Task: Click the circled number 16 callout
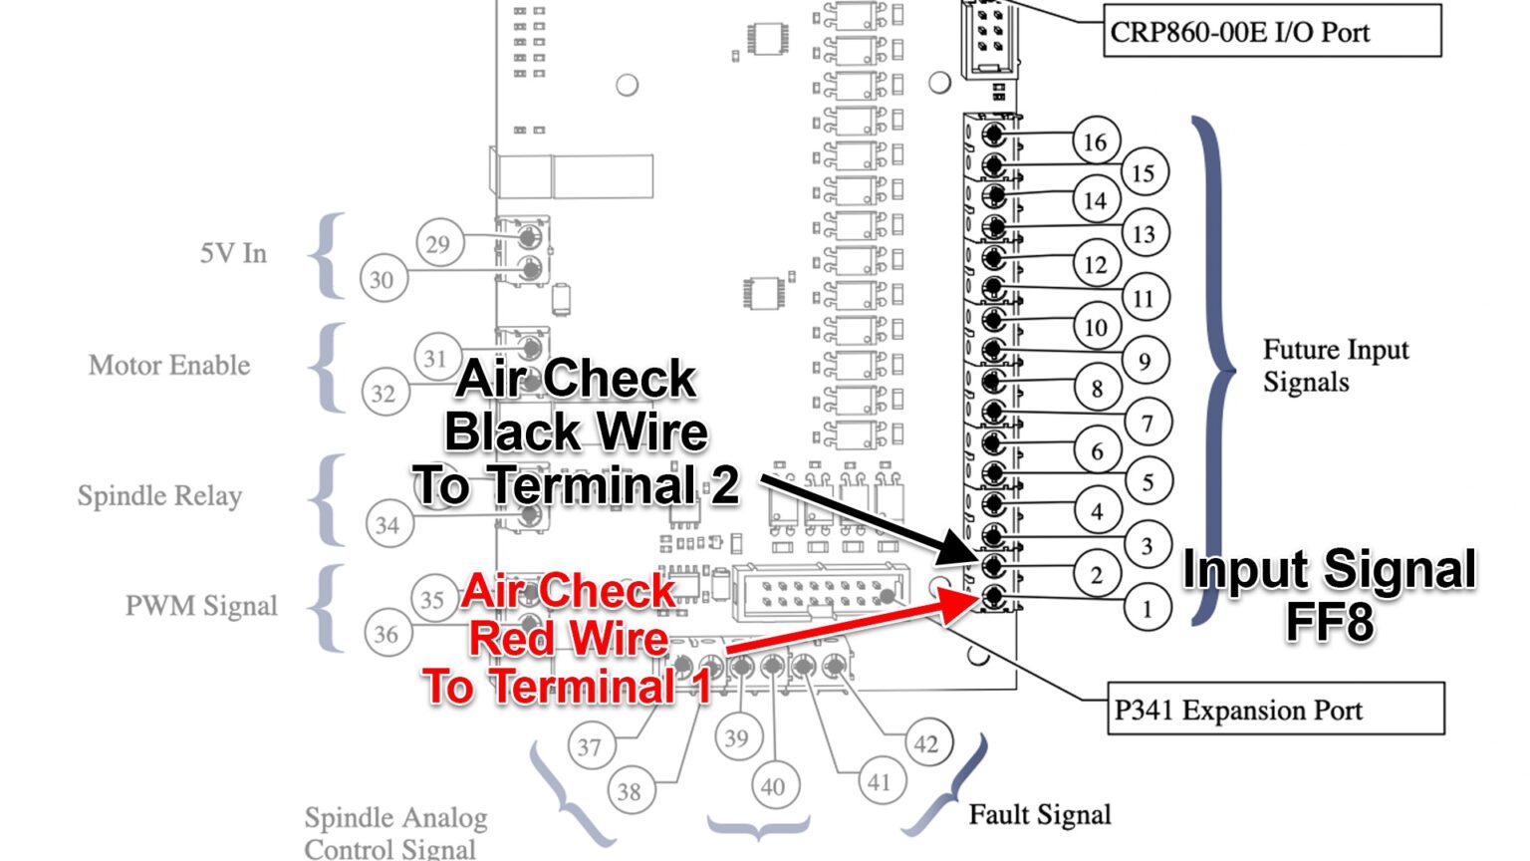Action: tap(1095, 142)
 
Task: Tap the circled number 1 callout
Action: tap(1147, 608)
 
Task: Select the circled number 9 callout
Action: tap(1145, 361)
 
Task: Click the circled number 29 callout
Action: tap(438, 244)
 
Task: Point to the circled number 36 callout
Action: tap(385, 634)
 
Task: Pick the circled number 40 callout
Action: tap(773, 786)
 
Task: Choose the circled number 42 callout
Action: tap(926, 743)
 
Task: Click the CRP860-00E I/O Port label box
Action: tap(1271, 31)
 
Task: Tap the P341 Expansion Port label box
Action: tap(1275, 710)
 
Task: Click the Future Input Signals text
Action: tap(1335, 366)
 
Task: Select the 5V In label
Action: tap(233, 253)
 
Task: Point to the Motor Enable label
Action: tap(169, 365)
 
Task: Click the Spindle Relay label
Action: tap(159, 495)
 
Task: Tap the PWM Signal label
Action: tap(201, 606)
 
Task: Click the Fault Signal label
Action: tap(1040, 814)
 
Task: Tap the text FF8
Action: tap(1329, 622)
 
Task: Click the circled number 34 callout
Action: tap(387, 524)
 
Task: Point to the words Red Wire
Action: tap(569, 638)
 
